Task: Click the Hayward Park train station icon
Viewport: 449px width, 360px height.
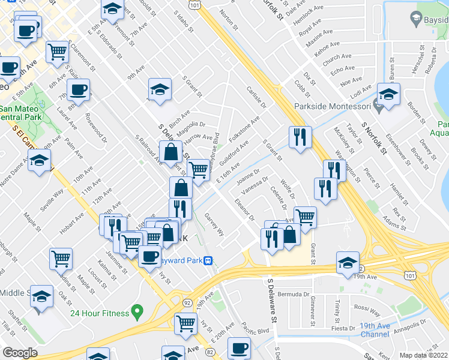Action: pos(208,260)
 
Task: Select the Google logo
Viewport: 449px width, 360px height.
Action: pos(20,353)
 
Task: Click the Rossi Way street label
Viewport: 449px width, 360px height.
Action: pos(367,312)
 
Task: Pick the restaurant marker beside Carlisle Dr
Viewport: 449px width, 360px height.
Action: pos(300,137)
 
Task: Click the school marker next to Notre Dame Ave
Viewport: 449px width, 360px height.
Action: pos(40,161)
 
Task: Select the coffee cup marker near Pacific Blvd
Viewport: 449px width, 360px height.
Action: pos(240,348)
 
